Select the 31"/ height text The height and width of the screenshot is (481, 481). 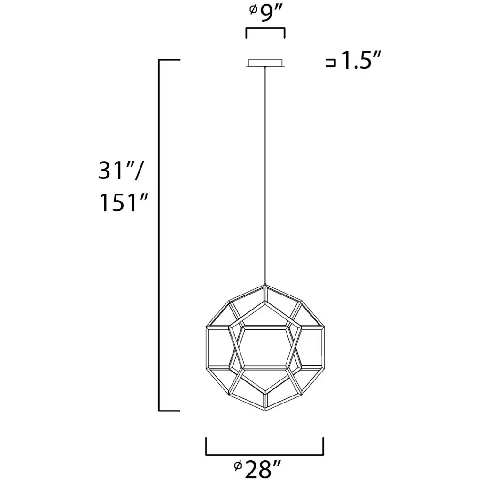121,171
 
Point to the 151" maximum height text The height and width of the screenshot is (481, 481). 124,202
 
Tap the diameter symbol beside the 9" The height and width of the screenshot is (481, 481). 253,10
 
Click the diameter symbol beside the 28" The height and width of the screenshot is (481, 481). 238,465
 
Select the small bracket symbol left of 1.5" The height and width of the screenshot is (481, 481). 331,62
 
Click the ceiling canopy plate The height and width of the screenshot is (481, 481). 265,62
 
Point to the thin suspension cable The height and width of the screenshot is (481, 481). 265,175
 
